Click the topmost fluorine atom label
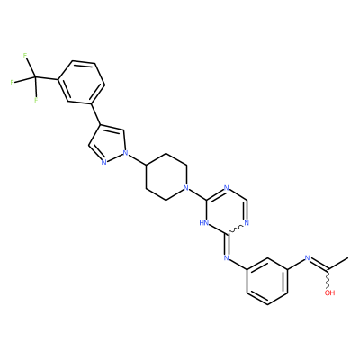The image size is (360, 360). tap(25, 56)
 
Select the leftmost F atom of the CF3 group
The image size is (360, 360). tap(13, 83)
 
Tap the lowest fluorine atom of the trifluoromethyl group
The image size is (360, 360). tap(36, 100)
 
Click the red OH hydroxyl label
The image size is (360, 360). tap(329, 292)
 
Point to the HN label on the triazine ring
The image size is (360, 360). tap(203, 223)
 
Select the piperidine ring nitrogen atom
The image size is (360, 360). tap(186, 188)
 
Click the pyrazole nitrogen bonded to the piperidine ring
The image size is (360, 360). tap(126, 153)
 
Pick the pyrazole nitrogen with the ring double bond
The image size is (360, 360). tap(103, 163)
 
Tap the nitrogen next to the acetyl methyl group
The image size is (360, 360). tap(307, 257)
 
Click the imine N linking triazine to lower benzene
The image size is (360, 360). tap(227, 257)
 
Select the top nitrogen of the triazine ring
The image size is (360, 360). tap(227, 188)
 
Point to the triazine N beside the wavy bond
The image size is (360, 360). tap(247, 223)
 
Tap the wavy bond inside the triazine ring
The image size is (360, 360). tap(235, 229)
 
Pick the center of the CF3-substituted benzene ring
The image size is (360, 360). tap(81, 83)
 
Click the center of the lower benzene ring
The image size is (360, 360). tap(267, 281)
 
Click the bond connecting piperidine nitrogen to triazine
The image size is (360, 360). tap(196, 193)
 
